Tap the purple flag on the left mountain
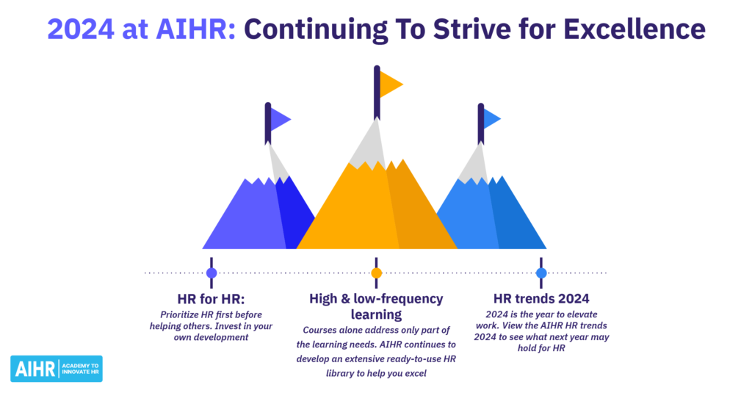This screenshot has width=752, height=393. [280, 119]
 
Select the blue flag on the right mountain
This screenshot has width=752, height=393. [491, 119]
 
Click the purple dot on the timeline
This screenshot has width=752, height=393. [211, 273]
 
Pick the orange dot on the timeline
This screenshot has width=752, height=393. [377, 273]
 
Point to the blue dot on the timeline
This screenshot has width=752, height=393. [541, 273]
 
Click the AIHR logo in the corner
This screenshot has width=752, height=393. [57, 369]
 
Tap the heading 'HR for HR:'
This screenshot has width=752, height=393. [211, 299]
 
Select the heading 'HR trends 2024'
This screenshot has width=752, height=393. [541, 299]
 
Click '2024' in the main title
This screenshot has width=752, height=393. [81, 29]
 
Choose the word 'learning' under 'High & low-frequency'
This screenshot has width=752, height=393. [377, 315]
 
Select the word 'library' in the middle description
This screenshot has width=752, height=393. [341, 373]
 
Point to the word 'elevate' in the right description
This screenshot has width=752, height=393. [582, 314]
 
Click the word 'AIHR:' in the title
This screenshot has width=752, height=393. [195, 29]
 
